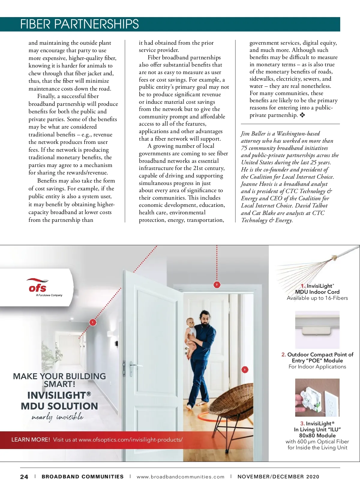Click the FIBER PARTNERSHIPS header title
(79, 24)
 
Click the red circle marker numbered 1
(93, 322)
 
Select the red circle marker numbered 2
(217, 284)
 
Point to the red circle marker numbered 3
(244, 370)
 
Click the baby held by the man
(190, 333)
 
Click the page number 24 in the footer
(24, 477)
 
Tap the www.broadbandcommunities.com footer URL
(180, 477)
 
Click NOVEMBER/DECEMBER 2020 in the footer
(278, 477)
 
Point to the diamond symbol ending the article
(302, 115)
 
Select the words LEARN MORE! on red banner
(31, 440)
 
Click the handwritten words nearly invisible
(57, 417)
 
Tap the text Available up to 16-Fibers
(317, 298)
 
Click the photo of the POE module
(317, 329)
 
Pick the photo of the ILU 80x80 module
(317, 397)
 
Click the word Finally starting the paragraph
(46, 96)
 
